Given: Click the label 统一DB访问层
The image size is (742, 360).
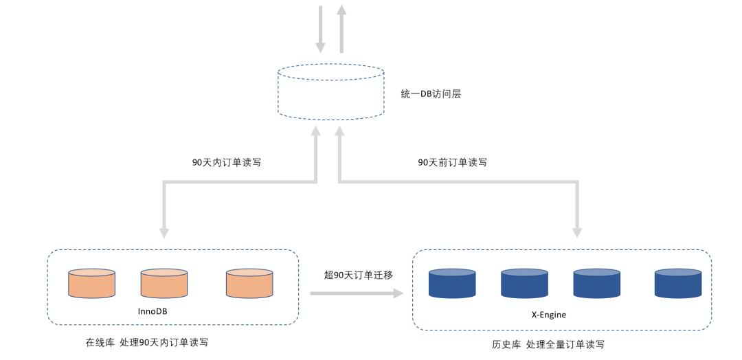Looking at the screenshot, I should point(431,94).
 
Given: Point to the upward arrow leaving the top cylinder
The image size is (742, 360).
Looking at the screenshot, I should point(341,27).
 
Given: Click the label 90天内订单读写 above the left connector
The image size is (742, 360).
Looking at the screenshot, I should point(226,163).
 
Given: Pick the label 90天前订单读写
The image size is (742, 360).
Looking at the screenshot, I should point(453,163).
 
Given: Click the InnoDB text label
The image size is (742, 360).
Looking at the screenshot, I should point(153,311).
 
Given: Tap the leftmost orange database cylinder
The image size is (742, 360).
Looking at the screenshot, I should point(92,283).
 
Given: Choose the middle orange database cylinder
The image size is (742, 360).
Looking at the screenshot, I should point(164,283).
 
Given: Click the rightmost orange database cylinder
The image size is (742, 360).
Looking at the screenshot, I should point(249,283).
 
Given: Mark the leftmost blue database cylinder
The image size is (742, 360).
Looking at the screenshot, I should point(452,283).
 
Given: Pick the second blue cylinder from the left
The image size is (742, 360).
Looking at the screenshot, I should point(524,283).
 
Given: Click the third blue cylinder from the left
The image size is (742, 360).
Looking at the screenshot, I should point(596,283).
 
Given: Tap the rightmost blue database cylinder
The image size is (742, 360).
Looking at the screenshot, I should point(677,283).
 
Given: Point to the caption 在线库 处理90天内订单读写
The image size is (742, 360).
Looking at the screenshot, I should point(146,342).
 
